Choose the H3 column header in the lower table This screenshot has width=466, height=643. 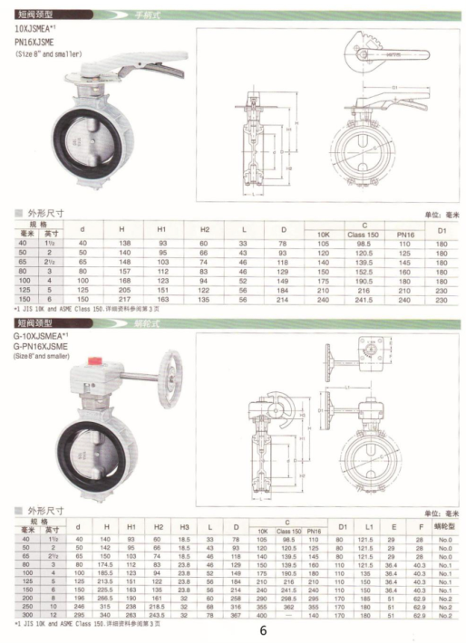pyautogui.click(x=184, y=526)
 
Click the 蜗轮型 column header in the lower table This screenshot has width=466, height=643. pyautogui.click(x=443, y=526)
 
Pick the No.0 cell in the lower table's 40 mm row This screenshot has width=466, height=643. pyautogui.click(x=443, y=539)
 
